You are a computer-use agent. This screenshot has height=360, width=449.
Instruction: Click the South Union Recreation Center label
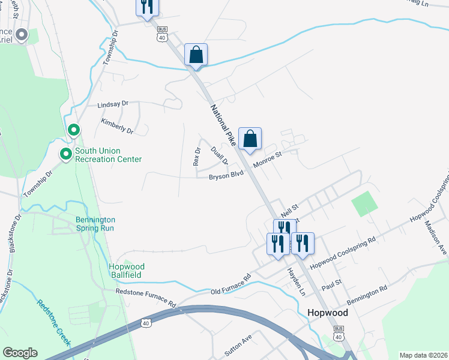point(108,155)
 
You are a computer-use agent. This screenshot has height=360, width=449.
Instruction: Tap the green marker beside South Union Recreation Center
point(65,155)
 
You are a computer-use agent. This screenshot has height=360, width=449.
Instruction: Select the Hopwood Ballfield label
point(127,270)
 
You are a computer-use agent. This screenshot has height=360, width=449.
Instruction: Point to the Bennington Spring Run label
point(95,224)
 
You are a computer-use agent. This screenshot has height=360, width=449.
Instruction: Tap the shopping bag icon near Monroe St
point(250,139)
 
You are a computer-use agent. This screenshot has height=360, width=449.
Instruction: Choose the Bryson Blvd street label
point(226,176)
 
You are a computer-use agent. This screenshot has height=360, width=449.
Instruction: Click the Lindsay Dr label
point(113,104)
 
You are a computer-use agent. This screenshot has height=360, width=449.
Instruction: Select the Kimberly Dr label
point(116,126)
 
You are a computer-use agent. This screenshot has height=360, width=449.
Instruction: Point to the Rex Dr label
point(196,157)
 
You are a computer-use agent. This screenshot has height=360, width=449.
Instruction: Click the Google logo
point(20,353)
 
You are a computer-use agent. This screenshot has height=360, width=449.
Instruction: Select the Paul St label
point(331,282)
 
